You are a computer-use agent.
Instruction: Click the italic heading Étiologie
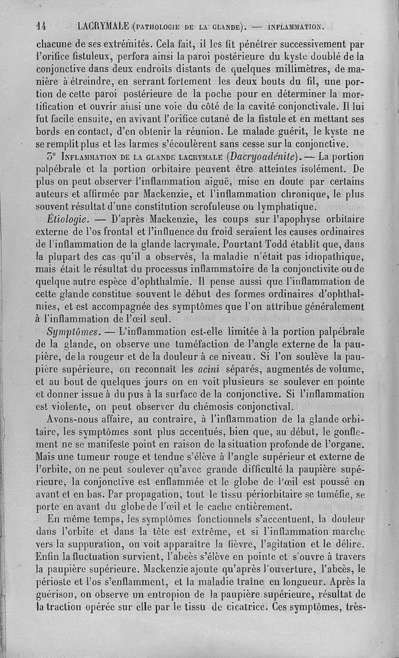click(67, 219)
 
